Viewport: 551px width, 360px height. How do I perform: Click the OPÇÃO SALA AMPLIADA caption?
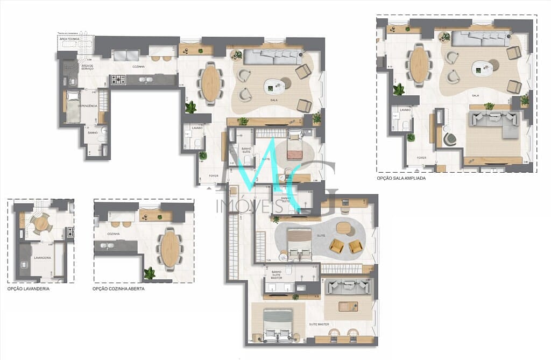click(401, 178)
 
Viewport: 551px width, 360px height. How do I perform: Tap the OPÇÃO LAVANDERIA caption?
click(29, 289)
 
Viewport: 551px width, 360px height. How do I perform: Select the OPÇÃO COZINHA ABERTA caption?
click(118, 289)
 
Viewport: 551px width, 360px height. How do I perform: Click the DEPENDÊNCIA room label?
click(87, 106)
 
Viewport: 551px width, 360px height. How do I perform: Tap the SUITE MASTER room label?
click(319, 324)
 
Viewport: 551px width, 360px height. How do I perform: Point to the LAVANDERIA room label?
click(42, 258)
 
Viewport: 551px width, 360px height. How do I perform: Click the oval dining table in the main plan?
click(211, 83)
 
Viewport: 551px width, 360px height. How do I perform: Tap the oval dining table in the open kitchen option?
click(169, 249)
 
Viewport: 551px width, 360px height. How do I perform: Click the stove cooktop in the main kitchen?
click(118, 80)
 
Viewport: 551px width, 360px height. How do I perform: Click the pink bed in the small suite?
click(295, 152)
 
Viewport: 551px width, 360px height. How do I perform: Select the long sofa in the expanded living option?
click(480, 38)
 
